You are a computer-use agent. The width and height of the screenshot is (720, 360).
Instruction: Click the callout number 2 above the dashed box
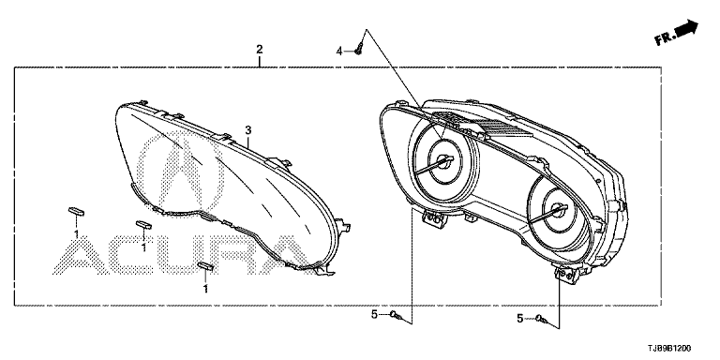click(x=260, y=49)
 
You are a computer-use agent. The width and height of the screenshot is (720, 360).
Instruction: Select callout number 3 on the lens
click(x=247, y=130)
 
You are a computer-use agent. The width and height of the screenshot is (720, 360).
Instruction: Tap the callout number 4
click(x=339, y=51)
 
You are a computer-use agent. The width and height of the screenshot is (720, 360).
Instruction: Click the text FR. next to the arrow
click(x=665, y=38)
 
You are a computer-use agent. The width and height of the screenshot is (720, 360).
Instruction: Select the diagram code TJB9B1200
click(x=669, y=349)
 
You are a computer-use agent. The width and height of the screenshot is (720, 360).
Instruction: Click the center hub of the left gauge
click(x=444, y=161)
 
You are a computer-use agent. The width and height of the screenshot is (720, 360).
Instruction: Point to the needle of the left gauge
click(x=434, y=164)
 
